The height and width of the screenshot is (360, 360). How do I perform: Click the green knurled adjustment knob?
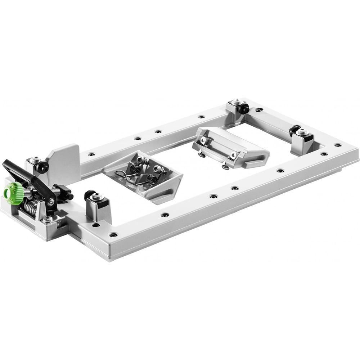[x=14, y=190]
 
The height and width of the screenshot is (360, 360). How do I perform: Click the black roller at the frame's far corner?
[x=243, y=108]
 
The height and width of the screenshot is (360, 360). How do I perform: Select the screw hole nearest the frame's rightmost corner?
[x=337, y=145]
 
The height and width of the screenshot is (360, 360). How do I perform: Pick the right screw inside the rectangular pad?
[x=233, y=154]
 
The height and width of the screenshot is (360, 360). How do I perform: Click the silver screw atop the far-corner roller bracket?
[x=237, y=102]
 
